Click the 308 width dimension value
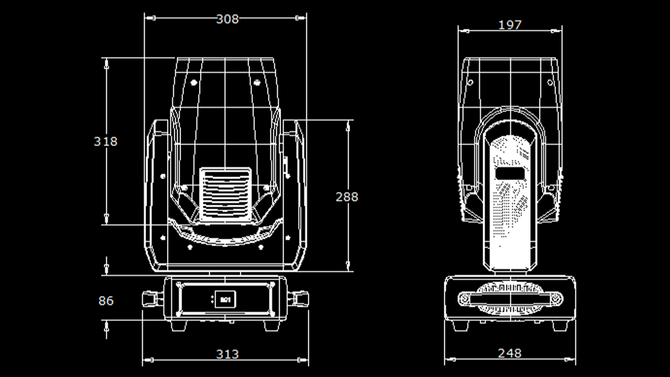click(227, 19)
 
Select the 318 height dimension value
click(106, 141)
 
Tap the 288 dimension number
click(347, 197)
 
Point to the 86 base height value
click(106, 301)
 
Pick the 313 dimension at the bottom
click(227, 354)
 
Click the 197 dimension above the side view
click(510, 25)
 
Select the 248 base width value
click(510, 353)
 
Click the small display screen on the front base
click(225, 300)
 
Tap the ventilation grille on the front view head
click(226, 193)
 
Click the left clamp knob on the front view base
click(152, 299)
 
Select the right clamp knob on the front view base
click(299, 299)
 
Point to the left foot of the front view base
click(178, 325)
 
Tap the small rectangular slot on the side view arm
click(510, 173)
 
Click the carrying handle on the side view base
click(510, 299)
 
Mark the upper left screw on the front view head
click(193, 83)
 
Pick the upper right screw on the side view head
click(550, 82)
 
